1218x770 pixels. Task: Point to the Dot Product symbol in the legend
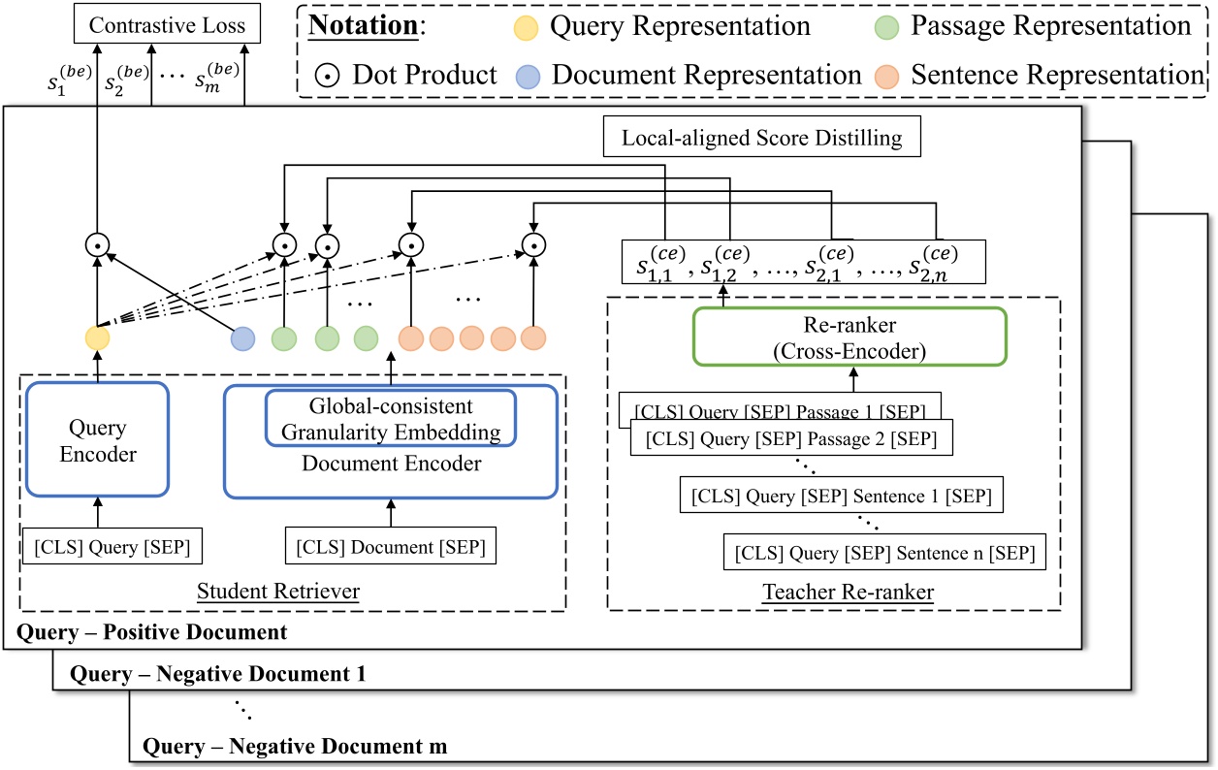point(327,75)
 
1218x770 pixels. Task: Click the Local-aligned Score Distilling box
point(760,138)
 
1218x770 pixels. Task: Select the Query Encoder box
point(99,441)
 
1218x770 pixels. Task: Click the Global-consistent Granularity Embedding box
point(390,417)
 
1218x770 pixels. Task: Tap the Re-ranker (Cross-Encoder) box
point(849,337)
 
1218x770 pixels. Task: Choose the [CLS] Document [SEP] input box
point(391,547)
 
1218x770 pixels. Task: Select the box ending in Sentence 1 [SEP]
point(841,497)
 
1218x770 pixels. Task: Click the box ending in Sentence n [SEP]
point(884,553)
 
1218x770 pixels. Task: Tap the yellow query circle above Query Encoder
point(97,338)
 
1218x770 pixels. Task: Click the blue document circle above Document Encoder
point(242,338)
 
